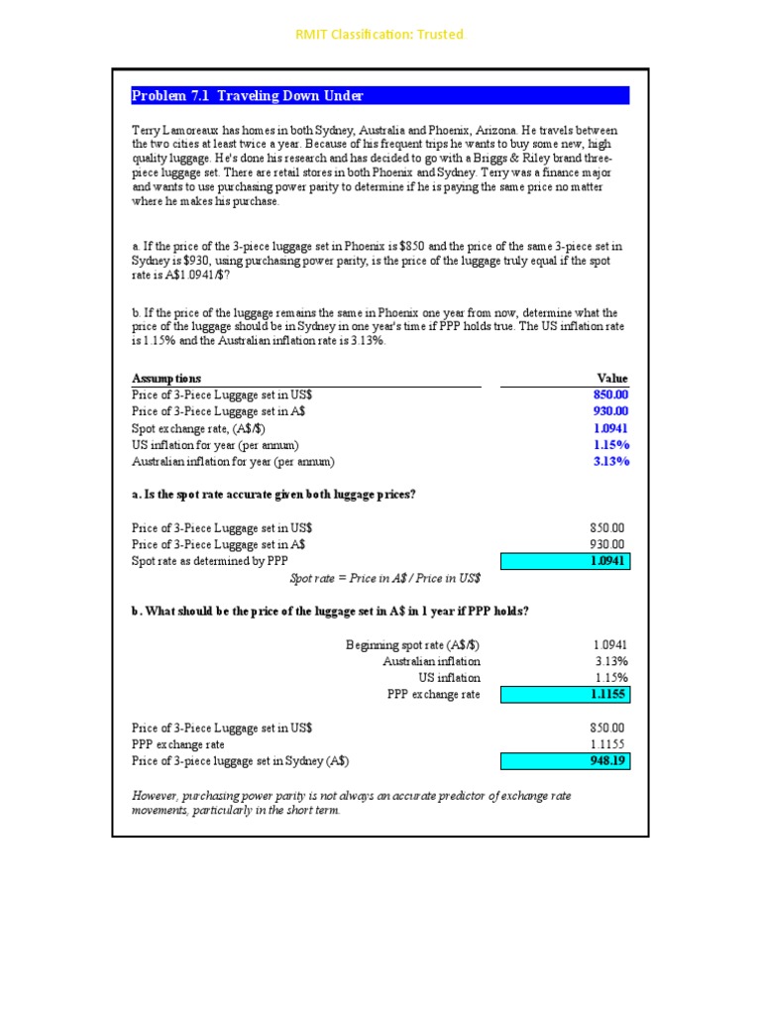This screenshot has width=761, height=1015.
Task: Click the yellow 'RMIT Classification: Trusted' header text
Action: [x=380, y=35]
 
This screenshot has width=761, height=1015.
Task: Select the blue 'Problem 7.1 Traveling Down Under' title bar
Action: [x=380, y=96]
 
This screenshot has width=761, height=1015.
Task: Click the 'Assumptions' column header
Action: [x=166, y=379]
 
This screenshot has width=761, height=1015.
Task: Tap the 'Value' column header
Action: [x=612, y=379]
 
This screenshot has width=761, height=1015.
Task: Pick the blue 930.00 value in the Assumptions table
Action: [x=610, y=411]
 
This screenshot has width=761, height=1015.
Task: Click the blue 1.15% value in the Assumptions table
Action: [x=610, y=445]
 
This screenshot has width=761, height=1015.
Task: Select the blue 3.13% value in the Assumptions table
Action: [x=610, y=462]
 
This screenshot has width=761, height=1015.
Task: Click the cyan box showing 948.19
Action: [x=565, y=761]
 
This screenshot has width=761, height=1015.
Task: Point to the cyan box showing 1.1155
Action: [x=565, y=695]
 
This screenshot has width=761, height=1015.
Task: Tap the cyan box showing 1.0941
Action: [x=565, y=562]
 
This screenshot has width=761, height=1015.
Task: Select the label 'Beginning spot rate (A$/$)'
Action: [x=412, y=645]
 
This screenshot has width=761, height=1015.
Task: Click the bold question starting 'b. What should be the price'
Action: [x=330, y=612]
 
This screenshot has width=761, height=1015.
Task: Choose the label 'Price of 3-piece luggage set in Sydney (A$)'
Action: [x=240, y=761]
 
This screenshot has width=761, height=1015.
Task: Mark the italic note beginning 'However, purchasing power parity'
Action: [x=351, y=803]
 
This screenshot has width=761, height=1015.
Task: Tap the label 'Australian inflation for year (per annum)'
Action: [x=233, y=462]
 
